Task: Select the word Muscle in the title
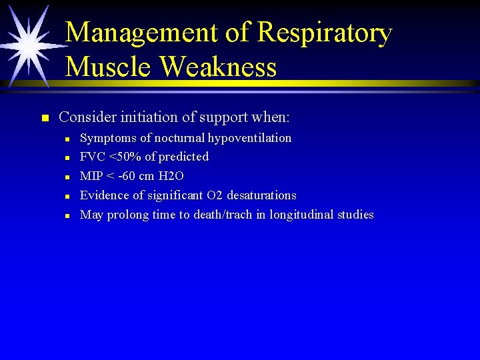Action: pos(109,67)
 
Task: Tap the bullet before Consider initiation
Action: pos(45,119)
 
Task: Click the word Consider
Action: pos(86,117)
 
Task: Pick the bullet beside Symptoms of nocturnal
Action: pos(68,139)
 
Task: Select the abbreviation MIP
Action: pos(91,176)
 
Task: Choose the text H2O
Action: pos(172,176)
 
